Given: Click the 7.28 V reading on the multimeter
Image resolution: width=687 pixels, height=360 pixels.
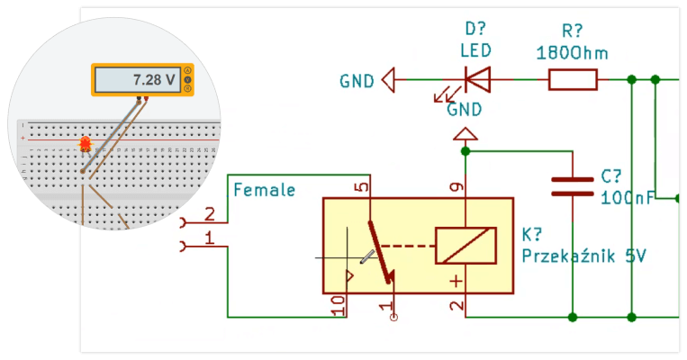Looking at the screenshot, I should tap(152, 80).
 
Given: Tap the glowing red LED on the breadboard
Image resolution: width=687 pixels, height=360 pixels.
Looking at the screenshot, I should tap(86, 143).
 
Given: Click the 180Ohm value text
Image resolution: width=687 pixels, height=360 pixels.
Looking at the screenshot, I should tap(572, 52).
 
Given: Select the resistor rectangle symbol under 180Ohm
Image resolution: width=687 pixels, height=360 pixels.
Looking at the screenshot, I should tap(573, 80).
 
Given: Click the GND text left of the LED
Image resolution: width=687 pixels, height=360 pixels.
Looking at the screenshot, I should tap(357, 81).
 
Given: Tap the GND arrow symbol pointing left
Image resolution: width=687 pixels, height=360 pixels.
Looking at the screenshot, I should tap(389, 80).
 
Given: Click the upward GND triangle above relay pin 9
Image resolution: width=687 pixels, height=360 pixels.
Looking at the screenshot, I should tap(466, 135).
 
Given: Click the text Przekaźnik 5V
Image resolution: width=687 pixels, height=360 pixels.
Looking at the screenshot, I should tap(583, 256).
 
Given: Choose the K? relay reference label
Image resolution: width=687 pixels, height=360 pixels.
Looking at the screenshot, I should tap(531, 235).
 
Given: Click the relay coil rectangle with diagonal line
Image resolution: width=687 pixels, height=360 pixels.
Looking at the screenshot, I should tap(465, 246).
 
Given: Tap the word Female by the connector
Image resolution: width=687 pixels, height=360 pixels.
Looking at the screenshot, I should tap(264, 190).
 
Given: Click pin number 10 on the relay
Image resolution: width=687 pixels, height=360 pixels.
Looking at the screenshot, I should tap(338, 305).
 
